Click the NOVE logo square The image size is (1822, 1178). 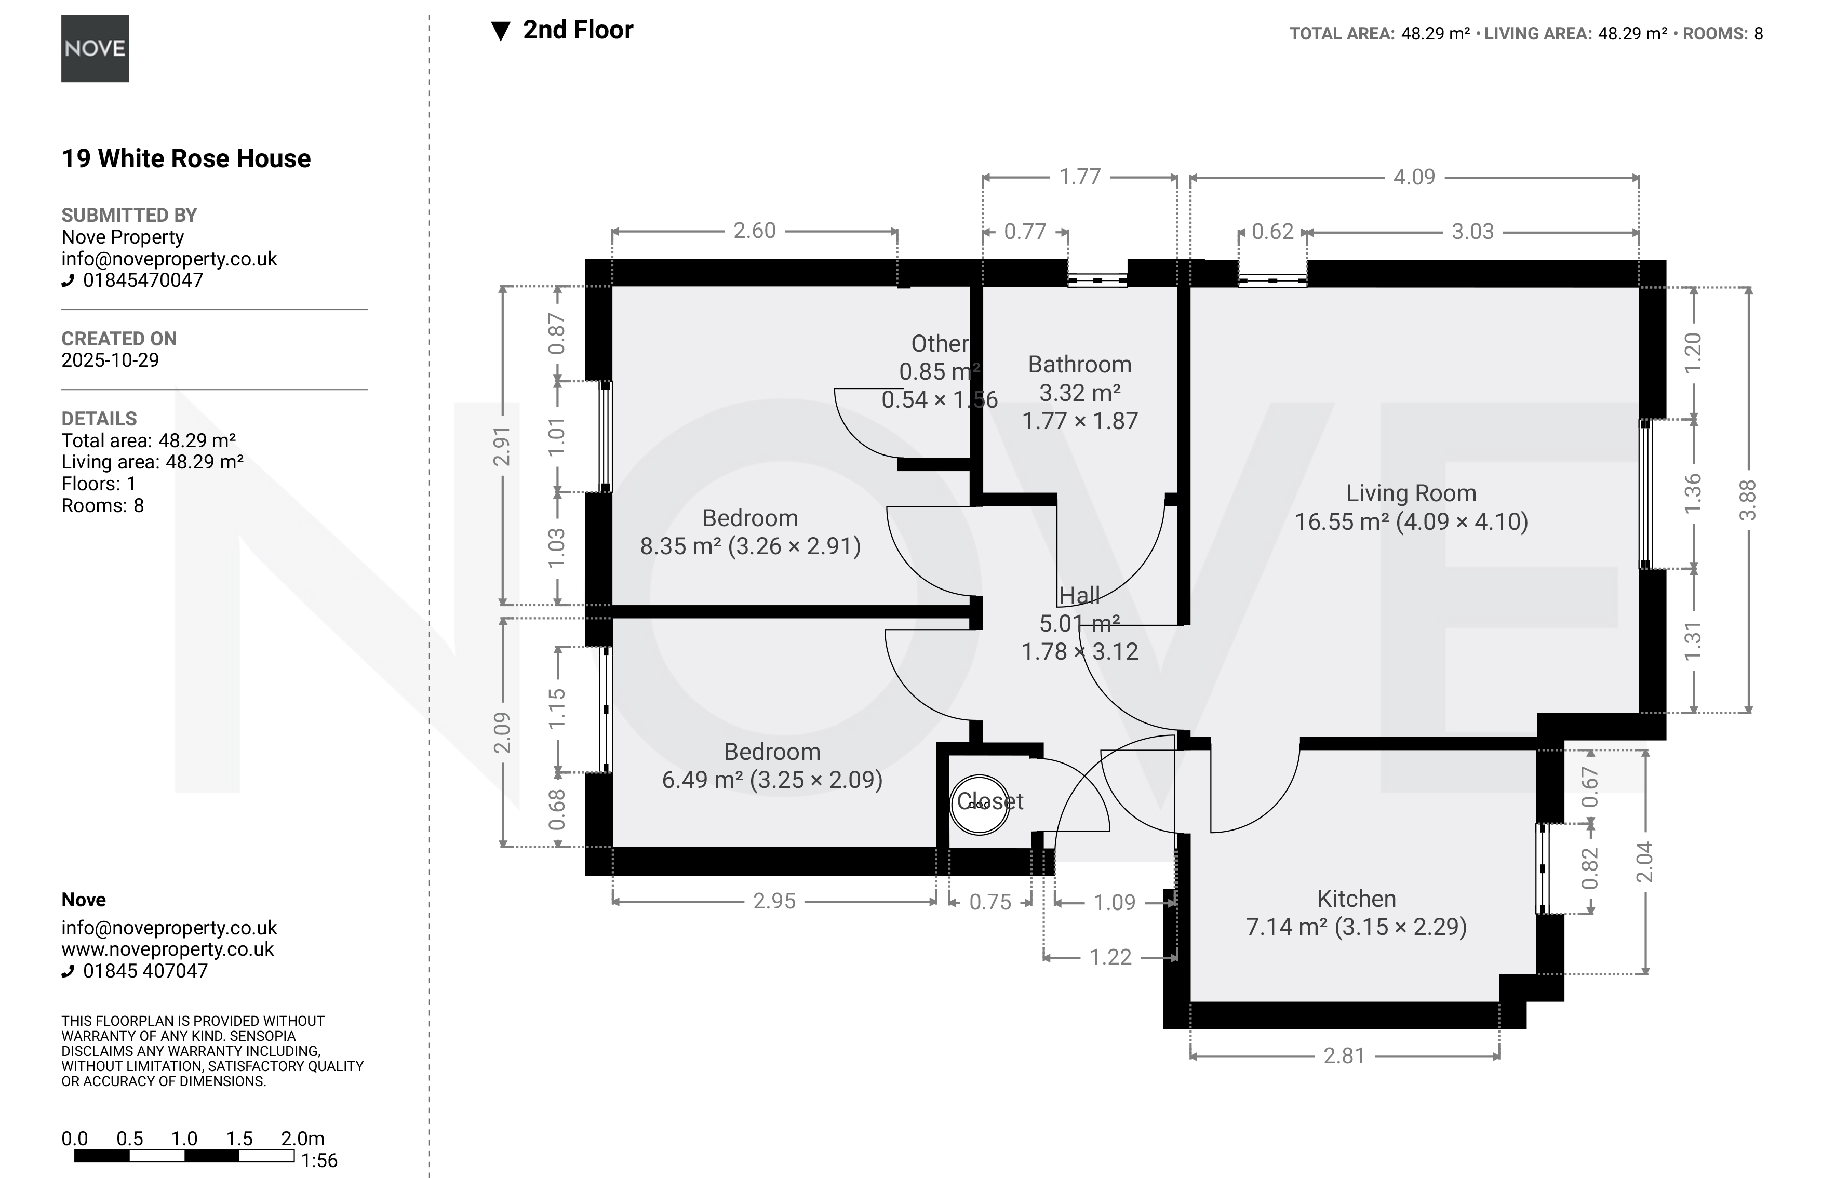95,48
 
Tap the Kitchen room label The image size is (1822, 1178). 1356,898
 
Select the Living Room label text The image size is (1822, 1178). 1411,493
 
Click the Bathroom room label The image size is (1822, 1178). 1079,364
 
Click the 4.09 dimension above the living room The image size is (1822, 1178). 1414,177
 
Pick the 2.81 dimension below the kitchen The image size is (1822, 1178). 1344,1055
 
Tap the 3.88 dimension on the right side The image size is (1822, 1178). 1748,500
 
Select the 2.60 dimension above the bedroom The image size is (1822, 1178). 754,230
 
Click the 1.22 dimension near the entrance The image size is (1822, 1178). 1110,957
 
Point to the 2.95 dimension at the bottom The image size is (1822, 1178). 774,901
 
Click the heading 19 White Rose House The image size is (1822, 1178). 186,158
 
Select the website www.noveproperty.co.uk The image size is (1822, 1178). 168,949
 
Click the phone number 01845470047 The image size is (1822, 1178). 143,280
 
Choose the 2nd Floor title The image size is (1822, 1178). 578,30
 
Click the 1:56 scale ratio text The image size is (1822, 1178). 319,1160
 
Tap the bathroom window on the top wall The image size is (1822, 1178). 1097,280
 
